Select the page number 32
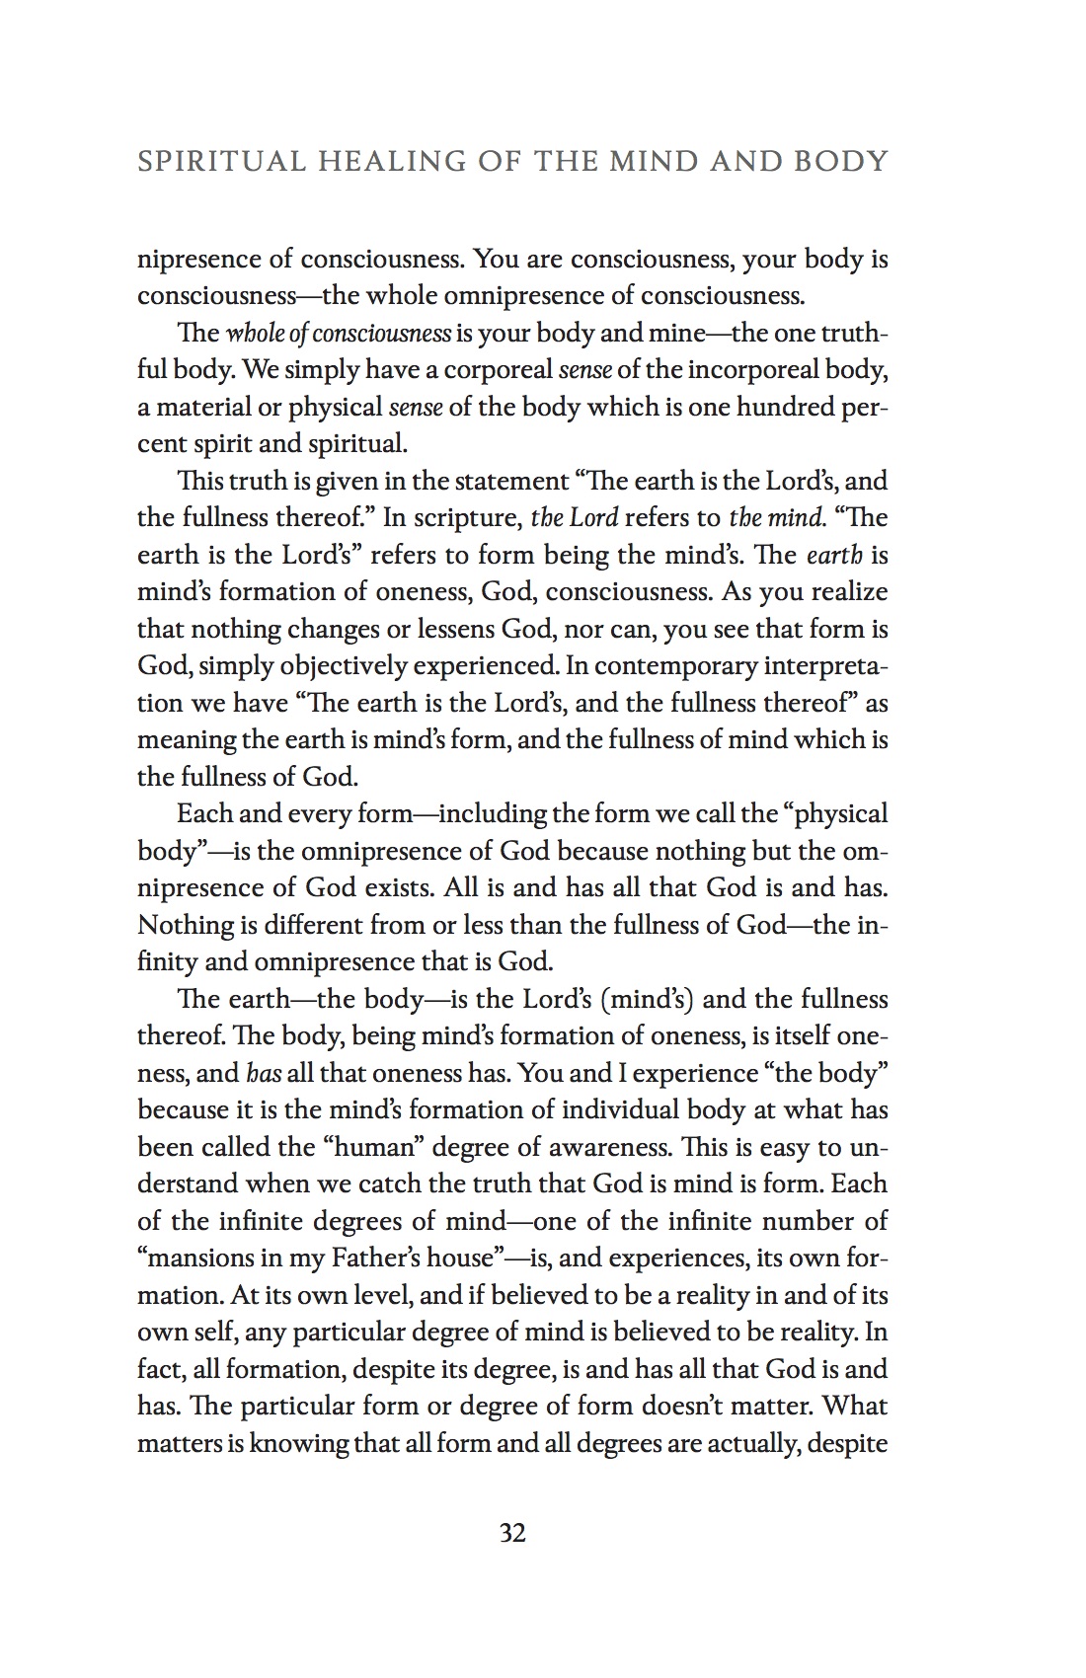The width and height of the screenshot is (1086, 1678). tap(512, 1533)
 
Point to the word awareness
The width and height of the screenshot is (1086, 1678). tap(604, 1147)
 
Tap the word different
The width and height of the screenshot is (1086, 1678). tap(307, 925)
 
